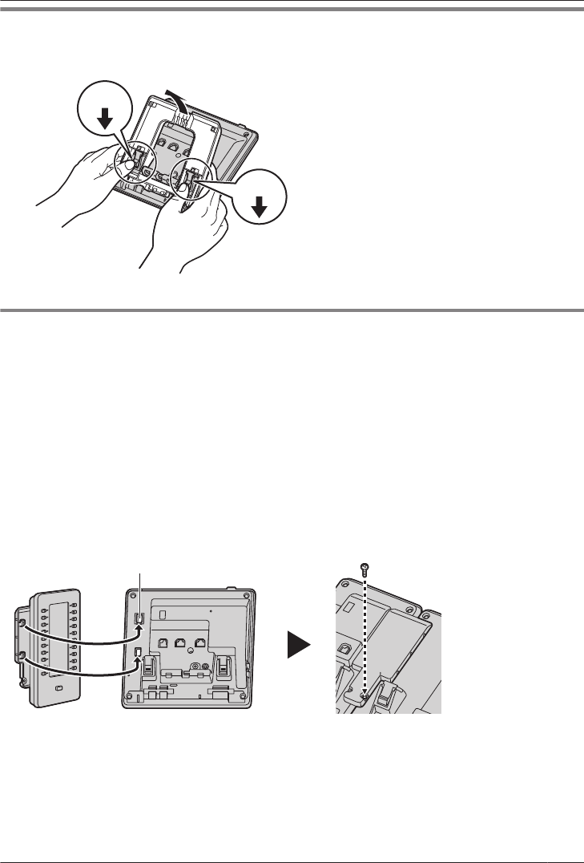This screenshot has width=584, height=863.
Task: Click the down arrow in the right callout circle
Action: (x=259, y=207)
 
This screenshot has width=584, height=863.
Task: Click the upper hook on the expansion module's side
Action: (x=22, y=624)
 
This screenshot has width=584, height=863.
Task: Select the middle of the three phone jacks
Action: (x=180, y=641)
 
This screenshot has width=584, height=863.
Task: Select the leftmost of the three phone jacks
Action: (x=163, y=641)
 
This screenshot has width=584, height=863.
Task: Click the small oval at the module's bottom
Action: (x=58, y=688)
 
